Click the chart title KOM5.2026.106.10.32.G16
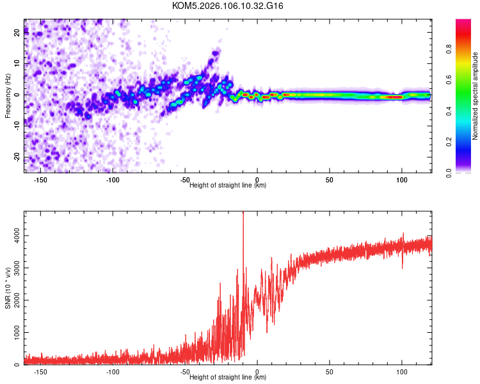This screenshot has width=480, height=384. point(228,6)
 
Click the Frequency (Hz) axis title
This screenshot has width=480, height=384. point(8,96)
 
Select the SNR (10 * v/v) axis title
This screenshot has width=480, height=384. point(8,288)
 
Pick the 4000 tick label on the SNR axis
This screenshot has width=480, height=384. point(12,236)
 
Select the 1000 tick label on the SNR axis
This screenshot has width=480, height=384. point(12,333)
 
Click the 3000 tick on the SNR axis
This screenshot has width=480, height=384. point(12,268)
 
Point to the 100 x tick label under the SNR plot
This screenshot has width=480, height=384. point(402,372)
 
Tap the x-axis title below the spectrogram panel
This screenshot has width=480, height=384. point(228,186)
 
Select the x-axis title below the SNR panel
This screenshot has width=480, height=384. point(228,378)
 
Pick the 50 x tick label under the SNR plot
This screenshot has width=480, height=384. point(330,372)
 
